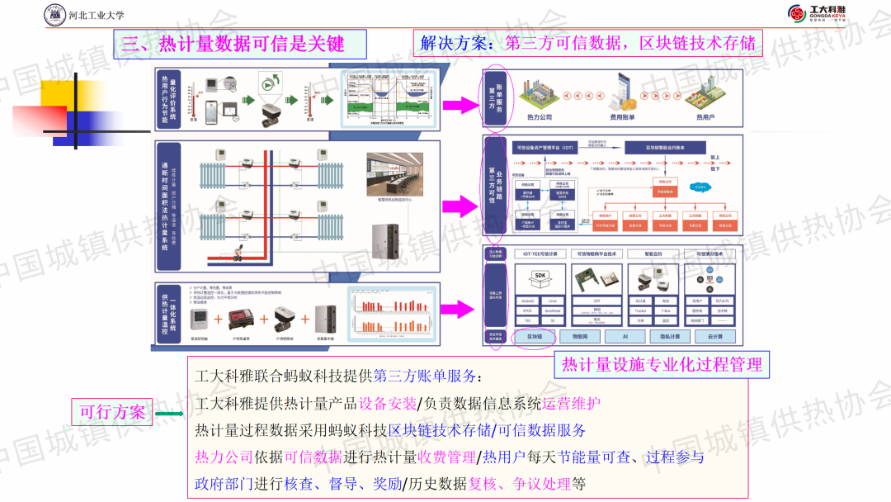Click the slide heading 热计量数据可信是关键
click(x=232, y=44)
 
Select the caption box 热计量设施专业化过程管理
click(x=662, y=364)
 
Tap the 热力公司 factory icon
click(x=539, y=97)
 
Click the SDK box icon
click(x=540, y=277)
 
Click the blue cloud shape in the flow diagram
click(x=700, y=187)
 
